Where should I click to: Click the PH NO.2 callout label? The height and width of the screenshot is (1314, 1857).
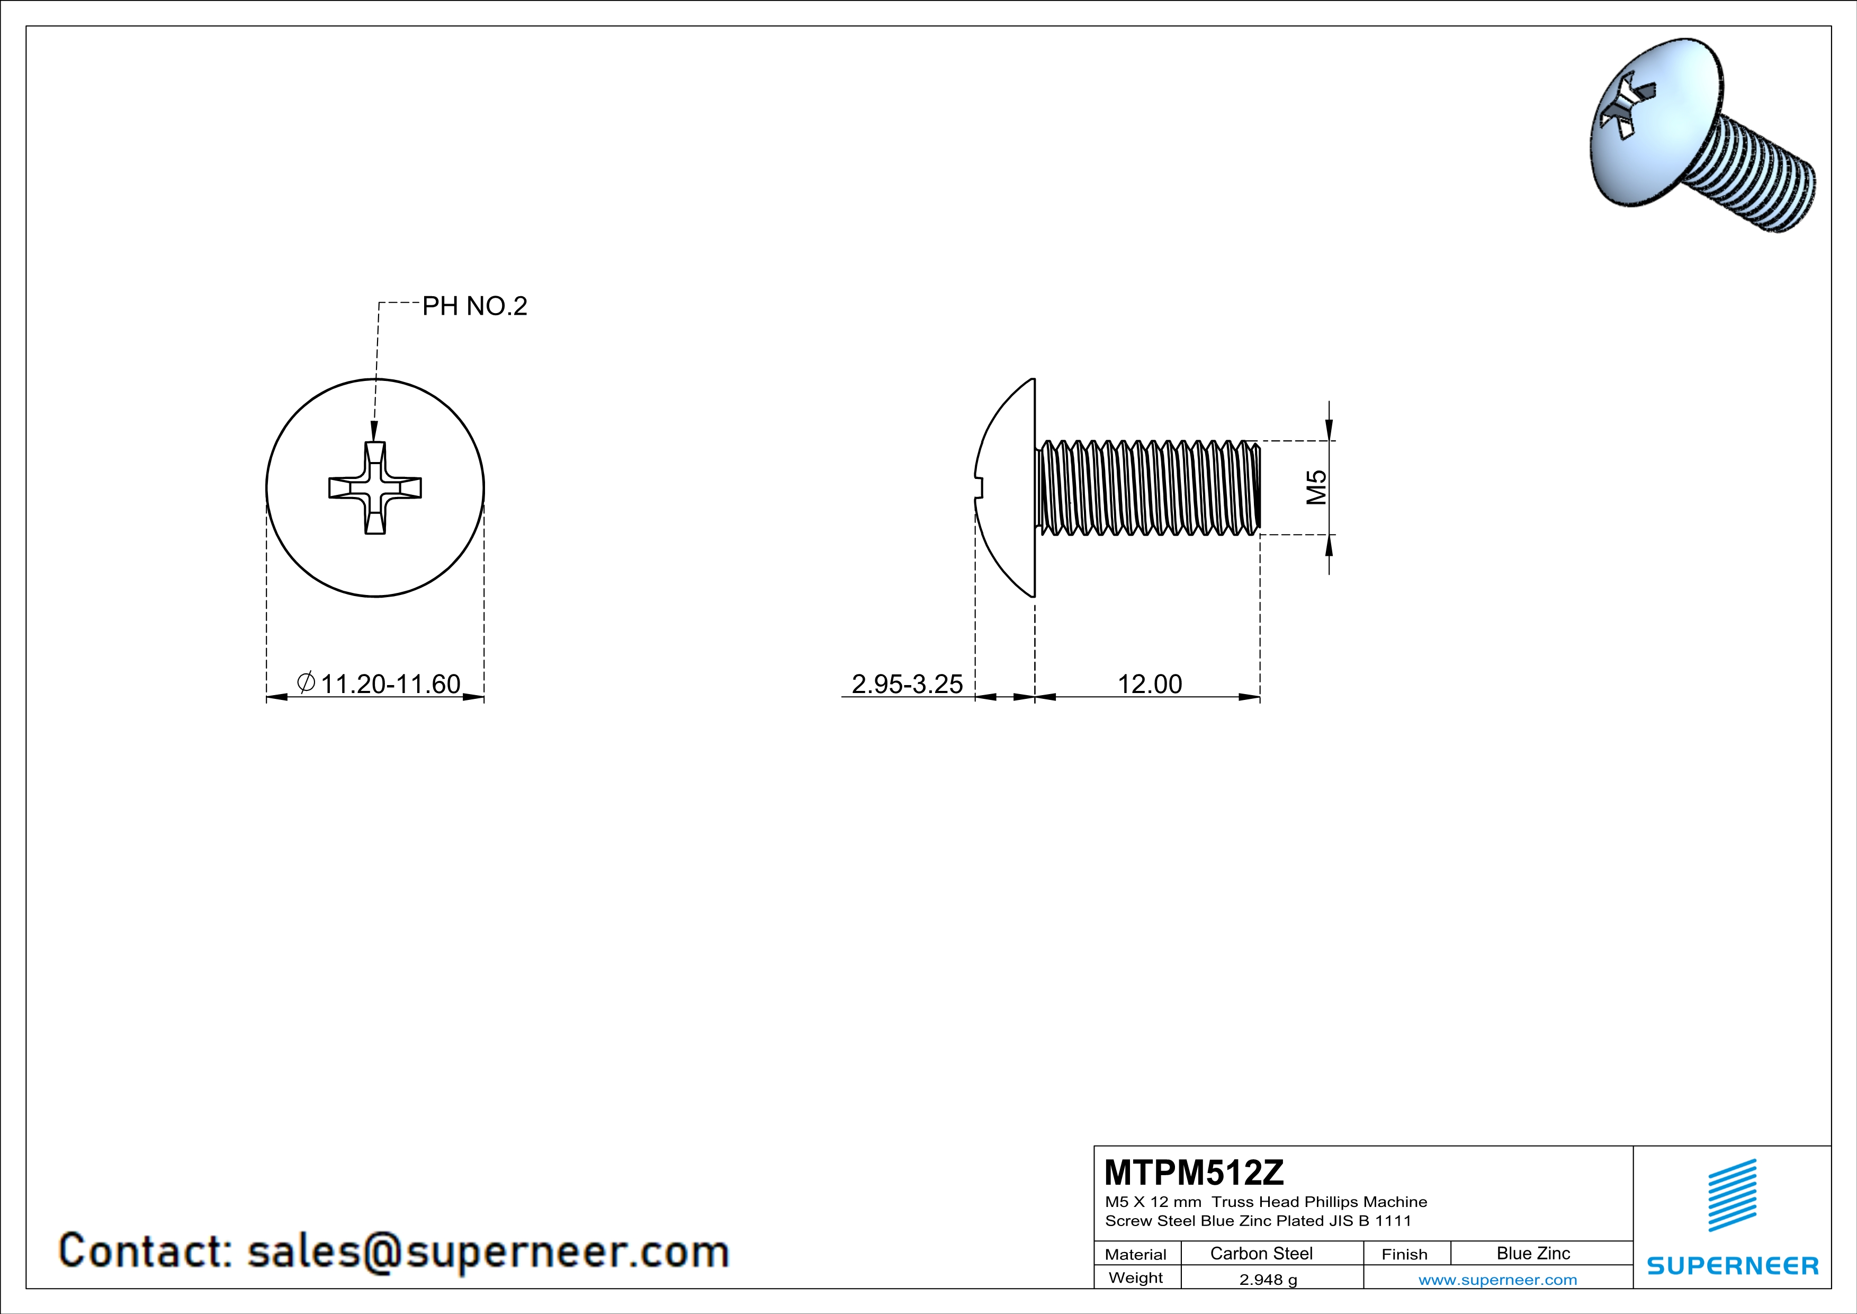click(475, 306)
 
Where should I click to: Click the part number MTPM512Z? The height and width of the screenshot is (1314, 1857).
click(1194, 1171)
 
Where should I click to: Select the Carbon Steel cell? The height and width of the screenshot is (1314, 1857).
click(1261, 1253)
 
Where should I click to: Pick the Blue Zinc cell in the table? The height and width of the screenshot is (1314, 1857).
click(1532, 1253)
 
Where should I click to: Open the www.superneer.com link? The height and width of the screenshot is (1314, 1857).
click(1497, 1279)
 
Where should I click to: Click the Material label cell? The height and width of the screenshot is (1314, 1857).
click(1136, 1254)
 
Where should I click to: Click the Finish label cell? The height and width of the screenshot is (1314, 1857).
click(1404, 1254)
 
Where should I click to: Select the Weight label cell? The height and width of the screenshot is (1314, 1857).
click(1136, 1277)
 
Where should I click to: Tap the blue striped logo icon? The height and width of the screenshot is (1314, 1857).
click(1732, 1195)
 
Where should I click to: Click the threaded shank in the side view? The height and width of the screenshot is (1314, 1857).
click(1149, 488)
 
